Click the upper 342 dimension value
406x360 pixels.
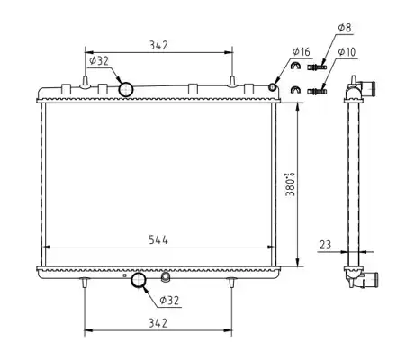[x=158, y=45]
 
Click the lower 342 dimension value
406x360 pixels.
[x=158, y=323]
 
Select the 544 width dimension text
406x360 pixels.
[x=158, y=239]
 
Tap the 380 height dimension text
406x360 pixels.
[x=291, y=184]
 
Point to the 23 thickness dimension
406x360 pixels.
[x=326, y=245]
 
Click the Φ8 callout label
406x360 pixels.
[x=345, y=28]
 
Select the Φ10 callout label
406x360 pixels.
[x=347, y=52]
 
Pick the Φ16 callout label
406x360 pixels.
[x=302, y=51]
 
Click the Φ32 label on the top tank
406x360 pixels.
[x=99, y=61]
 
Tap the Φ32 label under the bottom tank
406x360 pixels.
[x=169, y=300]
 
